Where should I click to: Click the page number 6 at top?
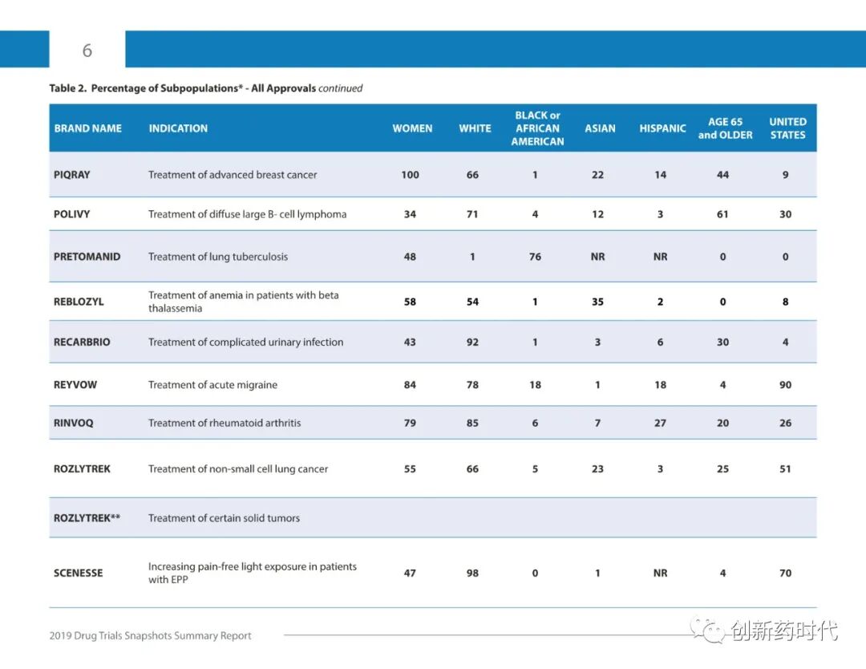(x=87, y=51)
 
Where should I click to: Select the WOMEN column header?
(x=412, y=128)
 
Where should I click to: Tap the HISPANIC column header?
(x=662, y=128)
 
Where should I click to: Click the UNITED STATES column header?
(x=787, y=128)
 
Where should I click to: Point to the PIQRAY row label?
(x=72, y=175)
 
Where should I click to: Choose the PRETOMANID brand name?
(x=87, y=257)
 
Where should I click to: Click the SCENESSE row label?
(x=78, y=573)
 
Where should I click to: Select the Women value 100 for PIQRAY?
(x=410, y=175)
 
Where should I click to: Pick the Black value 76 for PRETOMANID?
(x=535, y=257)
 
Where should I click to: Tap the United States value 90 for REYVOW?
(x=785, y=385)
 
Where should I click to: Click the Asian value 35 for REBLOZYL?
(x=597, y=302)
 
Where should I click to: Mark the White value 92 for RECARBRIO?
(x=472, y=342)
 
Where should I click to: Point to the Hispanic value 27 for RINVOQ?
(x=660, y=423)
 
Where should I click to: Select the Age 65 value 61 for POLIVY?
(x=722, y=214)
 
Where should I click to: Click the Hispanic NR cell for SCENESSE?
(x=660, y=573)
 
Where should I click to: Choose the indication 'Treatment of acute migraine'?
(x=212, y=385)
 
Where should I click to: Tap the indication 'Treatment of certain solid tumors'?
(x=224, y=518)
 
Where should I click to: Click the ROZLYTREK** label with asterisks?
(x=87, y=518)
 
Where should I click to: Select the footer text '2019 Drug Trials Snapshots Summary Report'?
(x=150, y=636)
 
